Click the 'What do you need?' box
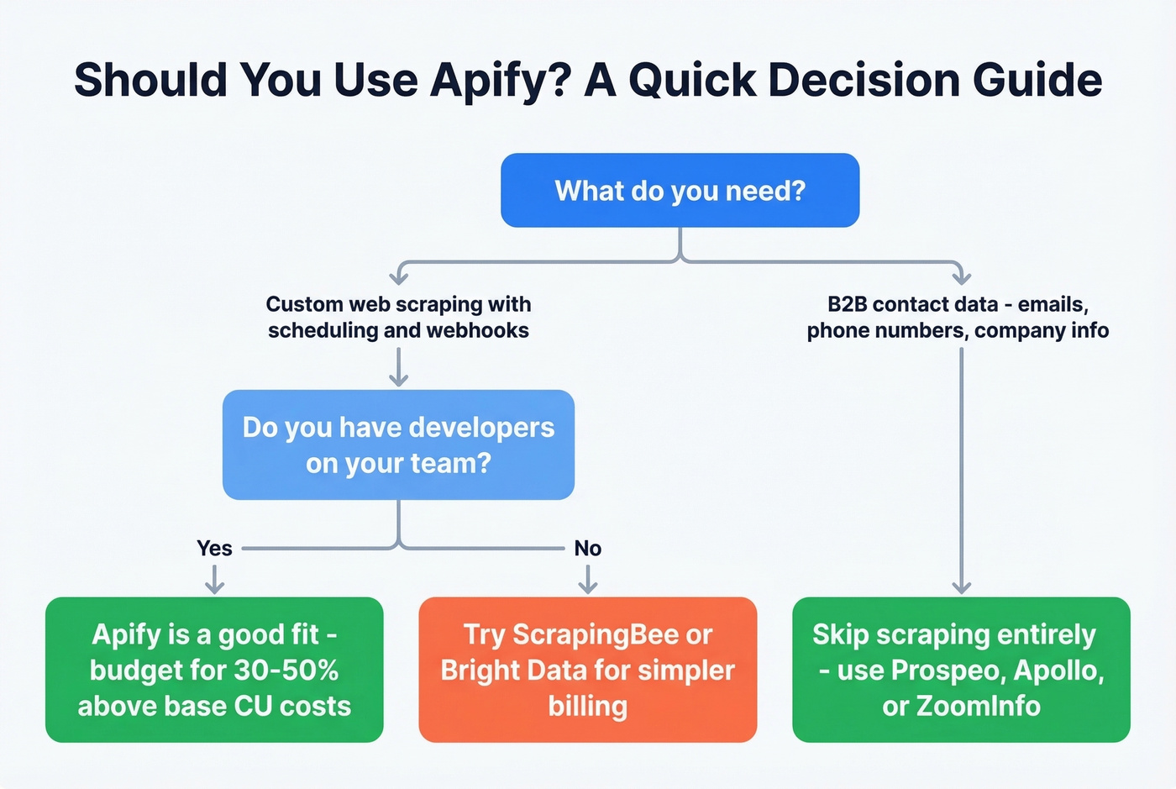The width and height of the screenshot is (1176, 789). tap(680, 191)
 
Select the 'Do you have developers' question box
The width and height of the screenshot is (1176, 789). tap(398, 444)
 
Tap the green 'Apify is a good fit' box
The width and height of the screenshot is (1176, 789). tap(214, 670)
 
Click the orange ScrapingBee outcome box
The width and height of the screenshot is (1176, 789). tap(587, 670)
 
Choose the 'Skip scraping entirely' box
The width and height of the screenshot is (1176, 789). tap(961, 670)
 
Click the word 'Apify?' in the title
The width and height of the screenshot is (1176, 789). tap(501, 81)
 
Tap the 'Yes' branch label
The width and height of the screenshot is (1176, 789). tap(214, 549)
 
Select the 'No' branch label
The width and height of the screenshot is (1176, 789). tap(588, 549)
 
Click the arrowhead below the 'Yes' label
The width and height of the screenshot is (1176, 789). tap(214, 587)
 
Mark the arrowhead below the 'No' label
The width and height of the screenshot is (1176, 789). tap(588, 587)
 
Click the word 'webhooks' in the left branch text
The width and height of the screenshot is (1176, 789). tap(482, 330)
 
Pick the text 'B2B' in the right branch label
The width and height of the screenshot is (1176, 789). tap(847, 304)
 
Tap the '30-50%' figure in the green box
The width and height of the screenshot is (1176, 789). tap(286, 671)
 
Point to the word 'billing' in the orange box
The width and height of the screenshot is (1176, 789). tap(587, 706)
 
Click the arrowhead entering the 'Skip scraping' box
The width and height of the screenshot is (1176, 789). tap(961, 587)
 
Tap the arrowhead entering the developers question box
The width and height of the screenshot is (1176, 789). tap(398, 380)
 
